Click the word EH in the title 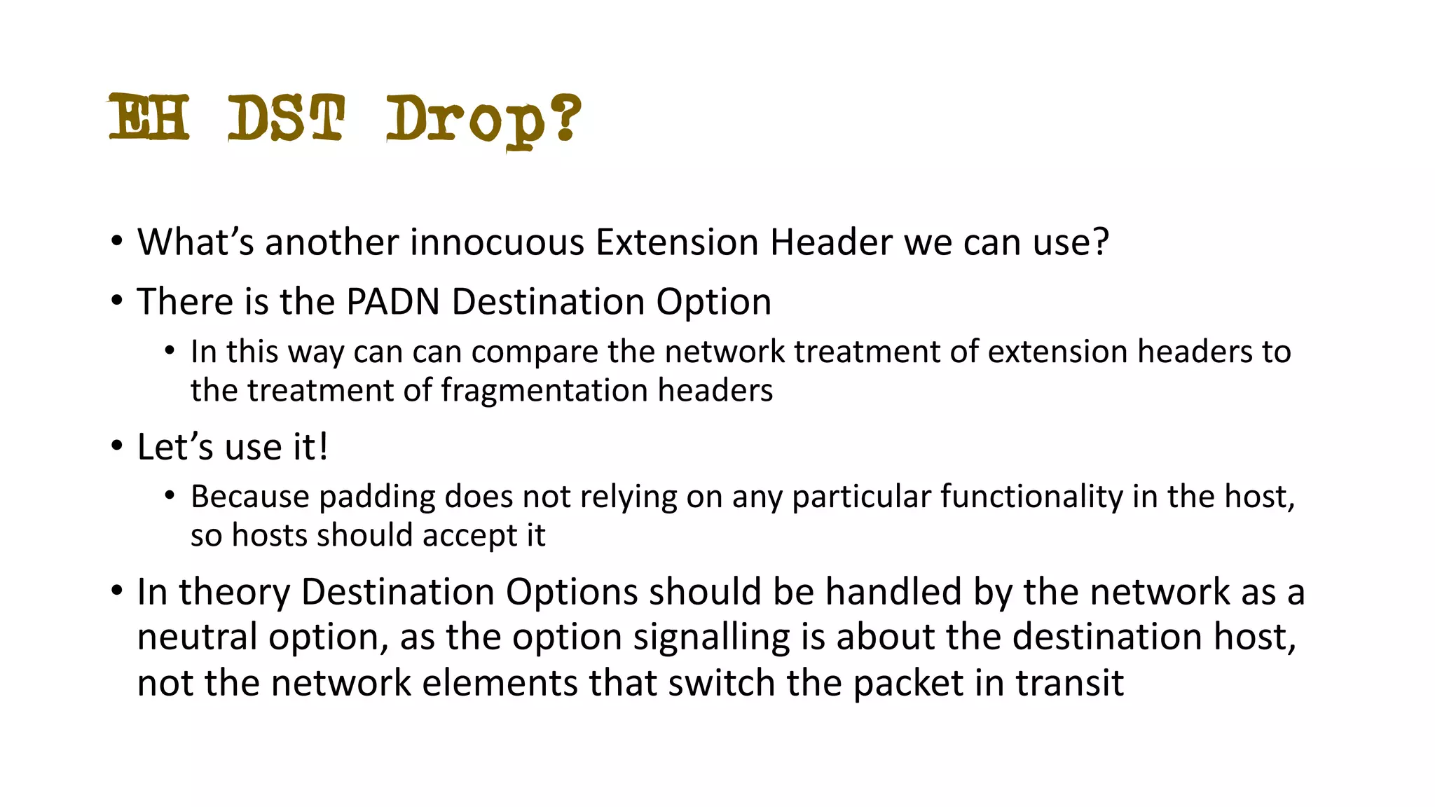tap(149, 118)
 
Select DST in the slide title tap(286, 118)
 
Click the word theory tap(234, 593)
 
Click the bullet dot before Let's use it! tap(116, 446)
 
